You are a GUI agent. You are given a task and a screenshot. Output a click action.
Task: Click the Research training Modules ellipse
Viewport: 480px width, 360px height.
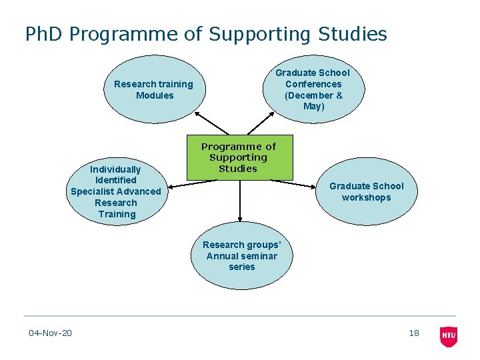[x=153, y=89]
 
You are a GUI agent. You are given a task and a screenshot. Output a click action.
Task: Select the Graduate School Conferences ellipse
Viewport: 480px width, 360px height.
[x=313, y=89]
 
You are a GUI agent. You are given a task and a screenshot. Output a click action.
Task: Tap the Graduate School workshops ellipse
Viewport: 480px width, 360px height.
[x=366, y=191]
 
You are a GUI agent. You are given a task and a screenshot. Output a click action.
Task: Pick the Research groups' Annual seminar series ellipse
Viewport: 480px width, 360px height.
[x=241, y=255]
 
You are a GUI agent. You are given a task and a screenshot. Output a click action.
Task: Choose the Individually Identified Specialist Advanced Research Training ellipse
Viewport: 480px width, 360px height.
[x=116, y=191]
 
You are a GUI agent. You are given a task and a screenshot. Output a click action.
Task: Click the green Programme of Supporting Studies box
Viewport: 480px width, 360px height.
[x=239, y=157]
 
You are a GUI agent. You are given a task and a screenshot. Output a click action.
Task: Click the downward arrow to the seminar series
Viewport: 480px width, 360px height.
[x=239, y=200]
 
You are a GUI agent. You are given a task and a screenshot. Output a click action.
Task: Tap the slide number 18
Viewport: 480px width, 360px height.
[x=414, y=333]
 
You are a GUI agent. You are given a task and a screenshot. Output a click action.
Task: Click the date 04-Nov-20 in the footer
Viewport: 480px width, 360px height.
[x=51, y=333]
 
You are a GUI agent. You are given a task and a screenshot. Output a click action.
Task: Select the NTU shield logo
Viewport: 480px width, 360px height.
[x=449, y=336]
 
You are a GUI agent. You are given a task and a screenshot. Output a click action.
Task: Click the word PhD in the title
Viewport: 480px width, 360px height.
[x=44, y=34]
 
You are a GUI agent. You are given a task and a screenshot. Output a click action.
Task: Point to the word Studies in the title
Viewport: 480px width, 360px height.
[x=353, y=34]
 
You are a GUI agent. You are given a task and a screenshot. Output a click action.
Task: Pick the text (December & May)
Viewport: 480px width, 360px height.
[x=313, y=101]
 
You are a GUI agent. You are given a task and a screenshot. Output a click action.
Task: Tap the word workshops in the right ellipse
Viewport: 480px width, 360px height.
[x=366, y=197]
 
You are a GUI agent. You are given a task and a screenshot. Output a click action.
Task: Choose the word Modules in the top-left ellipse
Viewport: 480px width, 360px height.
[x=154, y=95]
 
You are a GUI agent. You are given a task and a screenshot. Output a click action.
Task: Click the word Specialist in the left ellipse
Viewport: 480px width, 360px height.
[x=93, y=191]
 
